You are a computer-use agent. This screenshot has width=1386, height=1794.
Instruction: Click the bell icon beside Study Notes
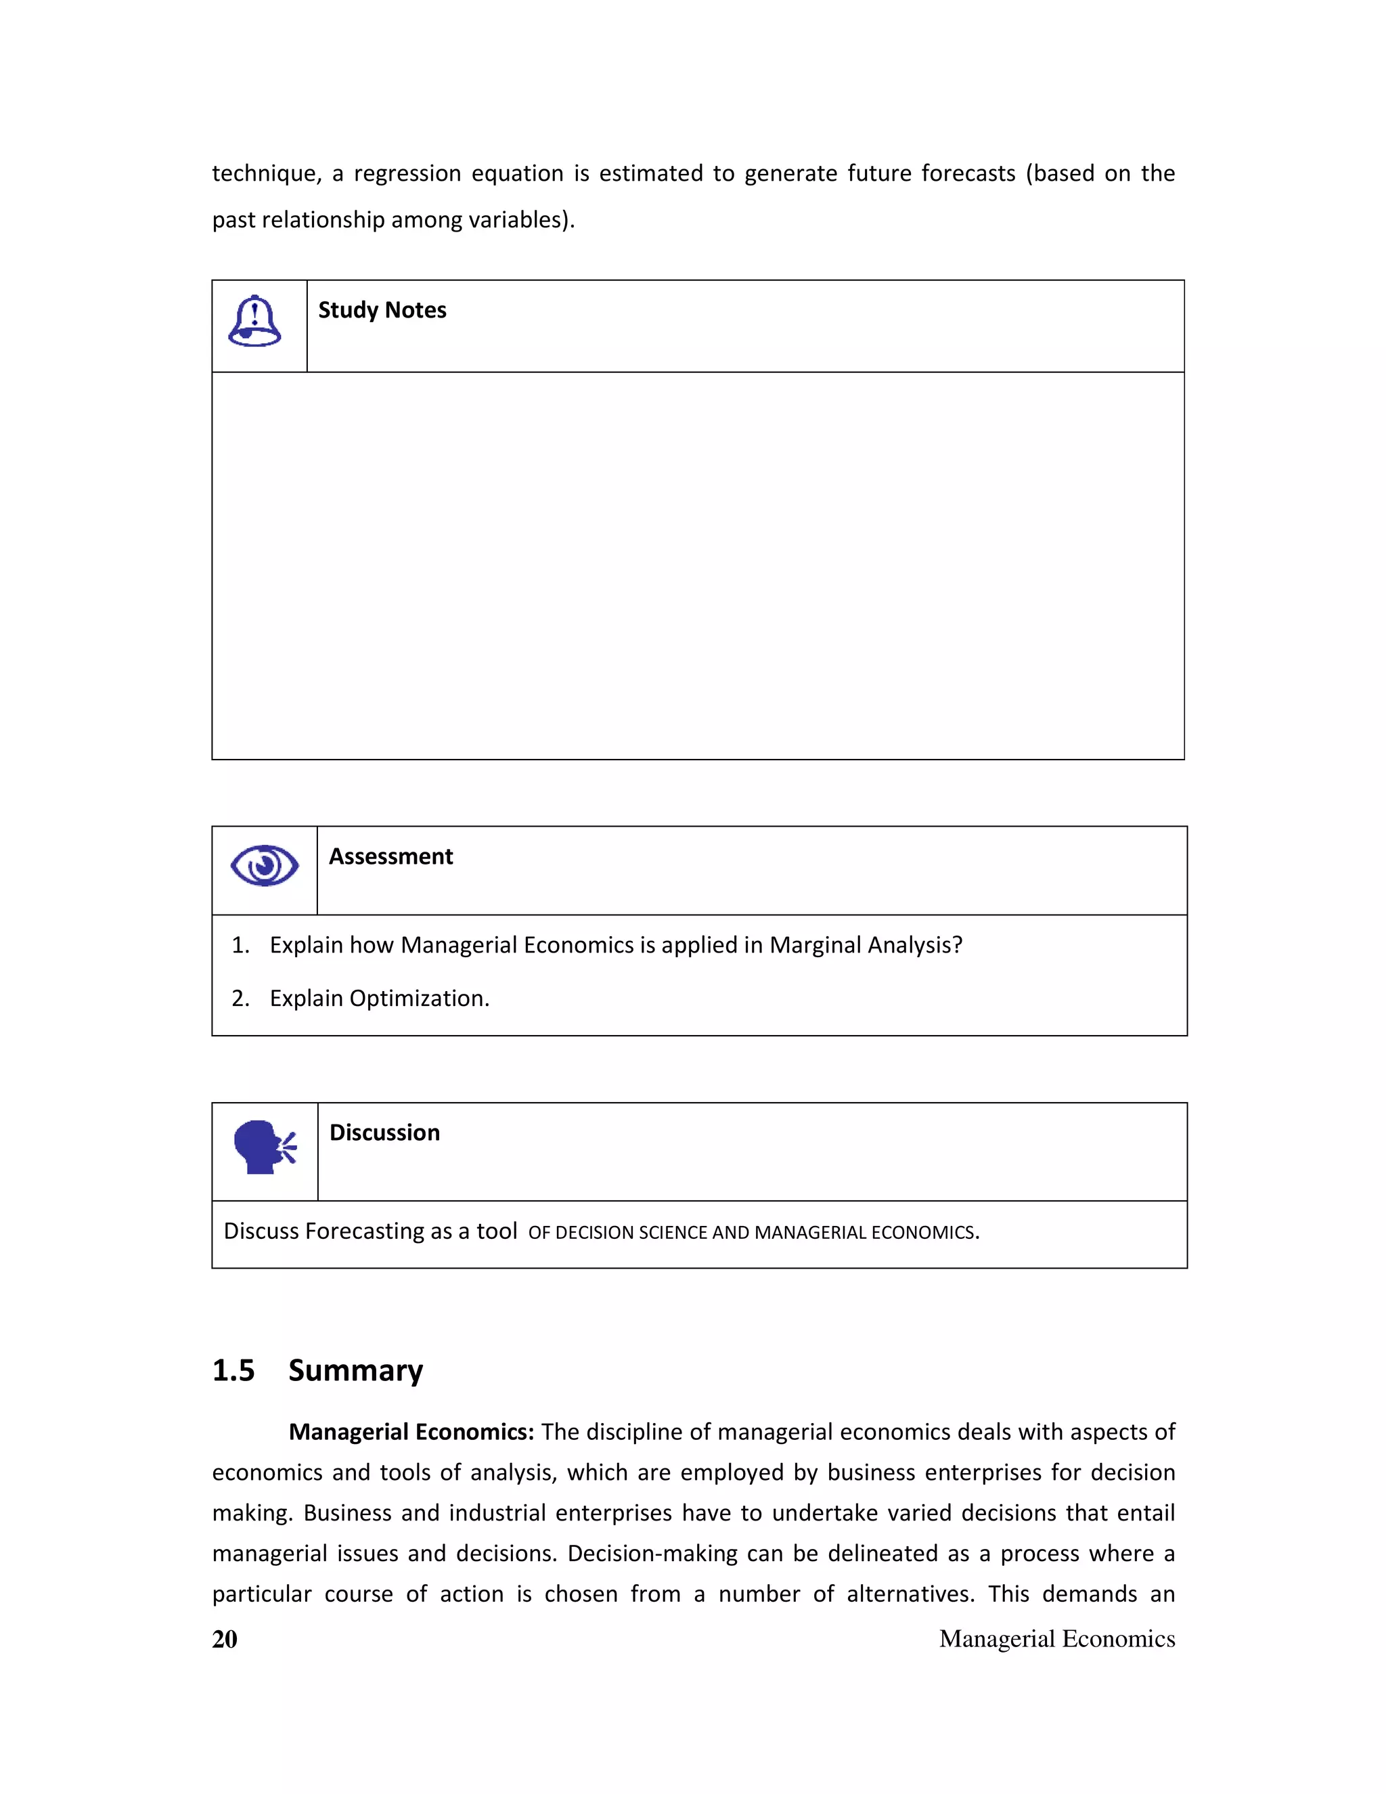(254, 321)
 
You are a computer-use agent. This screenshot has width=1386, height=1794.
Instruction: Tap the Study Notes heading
(382, 311)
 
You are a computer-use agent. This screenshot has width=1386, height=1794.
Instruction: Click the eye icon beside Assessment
(265, 866)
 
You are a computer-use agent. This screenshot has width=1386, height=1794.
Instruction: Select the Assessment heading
(391, 857)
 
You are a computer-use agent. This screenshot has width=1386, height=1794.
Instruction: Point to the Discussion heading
(384, 1133)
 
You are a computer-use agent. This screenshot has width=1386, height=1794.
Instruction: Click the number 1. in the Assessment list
(240, 946)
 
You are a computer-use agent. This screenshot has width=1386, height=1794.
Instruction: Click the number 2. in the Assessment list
(240, 999)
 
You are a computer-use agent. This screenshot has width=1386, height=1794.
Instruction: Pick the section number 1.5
(233, 1371)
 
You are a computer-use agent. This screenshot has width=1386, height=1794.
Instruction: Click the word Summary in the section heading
(355, 1371)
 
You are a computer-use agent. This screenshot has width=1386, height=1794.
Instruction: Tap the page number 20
(224, 1640)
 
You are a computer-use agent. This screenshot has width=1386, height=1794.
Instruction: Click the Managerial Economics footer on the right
(1056, 1640)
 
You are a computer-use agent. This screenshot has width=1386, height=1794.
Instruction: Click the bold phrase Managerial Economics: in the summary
(411, 1432)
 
